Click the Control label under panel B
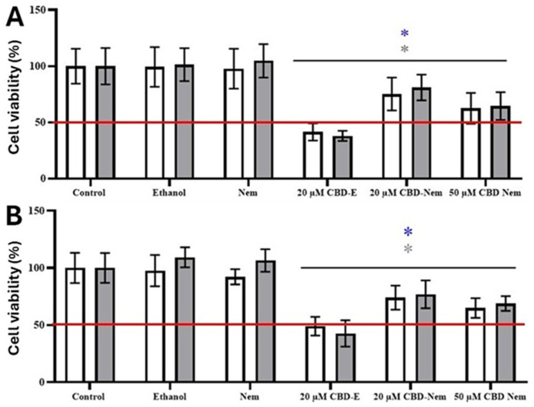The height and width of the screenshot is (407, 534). (90, 397)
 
